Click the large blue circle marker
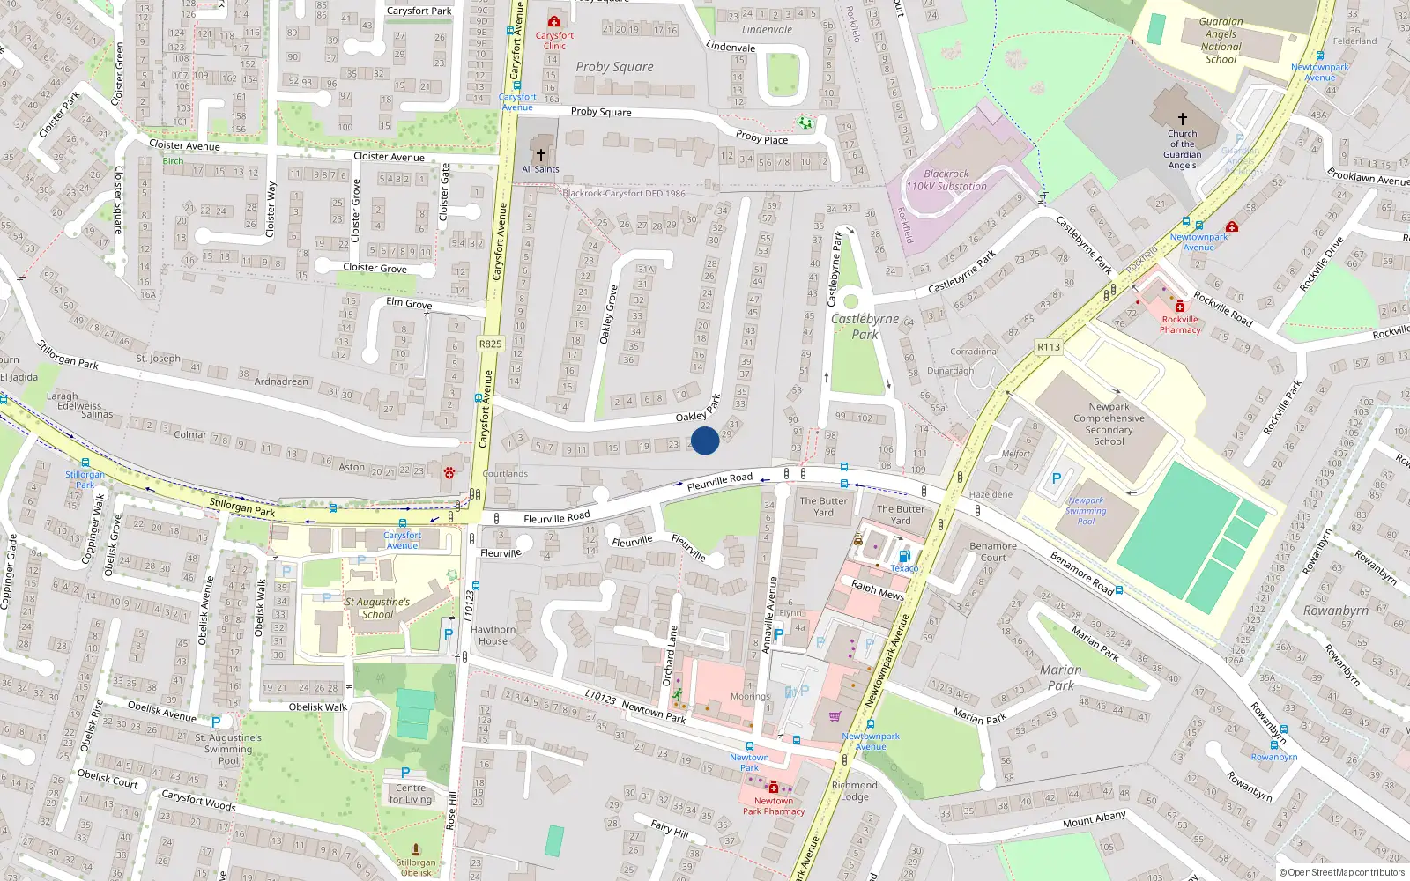(705, 440)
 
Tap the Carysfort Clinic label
(554, 41)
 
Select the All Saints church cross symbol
(541, 154)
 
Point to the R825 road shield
(490, 344)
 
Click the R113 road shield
(1049, 347)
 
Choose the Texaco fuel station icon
(903, 556)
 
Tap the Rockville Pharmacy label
(1180, 325)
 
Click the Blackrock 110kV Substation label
(946, 181)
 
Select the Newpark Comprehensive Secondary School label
(1109, 424)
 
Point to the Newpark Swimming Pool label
(1086, 511)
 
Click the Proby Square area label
(614, 67)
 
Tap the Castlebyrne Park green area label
(865, 326)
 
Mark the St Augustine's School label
(377, 608)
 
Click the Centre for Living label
(411, 794)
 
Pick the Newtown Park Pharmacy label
(774, 806)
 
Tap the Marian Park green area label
(1061, 677)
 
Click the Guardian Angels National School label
(1221, 41)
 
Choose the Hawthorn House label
(493, 635)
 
